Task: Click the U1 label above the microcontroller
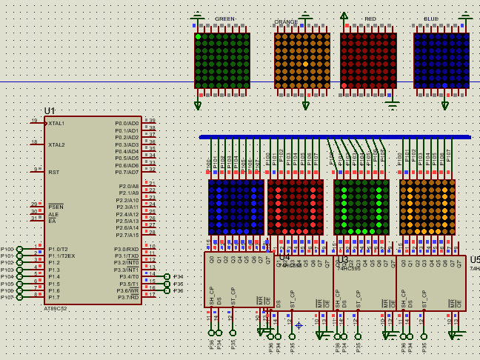point(50,111)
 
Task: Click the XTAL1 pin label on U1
point(56,123)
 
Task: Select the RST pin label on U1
point(53,171)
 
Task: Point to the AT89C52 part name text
point(55,308)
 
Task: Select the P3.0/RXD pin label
point(126,249)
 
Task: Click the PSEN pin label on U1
point(56,207)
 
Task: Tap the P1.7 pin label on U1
point(54,297)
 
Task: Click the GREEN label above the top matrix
point(224,19)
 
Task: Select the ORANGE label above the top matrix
point(286,22)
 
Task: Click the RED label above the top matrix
point(370,19)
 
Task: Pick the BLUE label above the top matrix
point(430,19)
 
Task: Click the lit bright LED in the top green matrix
point(199,36)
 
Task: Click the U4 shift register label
point(284,257)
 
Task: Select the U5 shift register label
point(474,260)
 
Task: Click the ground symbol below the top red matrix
point(391,103)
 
